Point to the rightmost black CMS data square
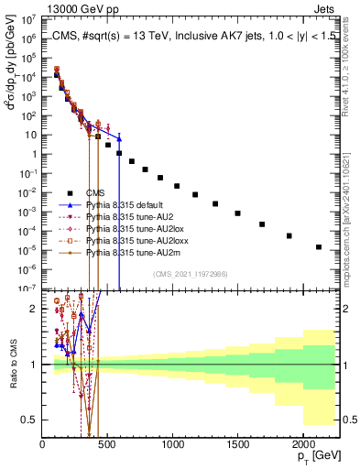tap(319, 247)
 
